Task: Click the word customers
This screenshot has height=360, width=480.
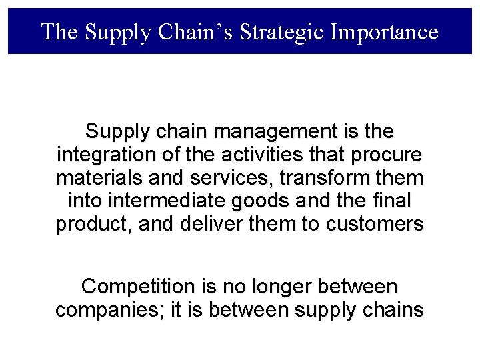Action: coord(375,225)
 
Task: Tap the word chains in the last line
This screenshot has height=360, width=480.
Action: coord(395,311)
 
